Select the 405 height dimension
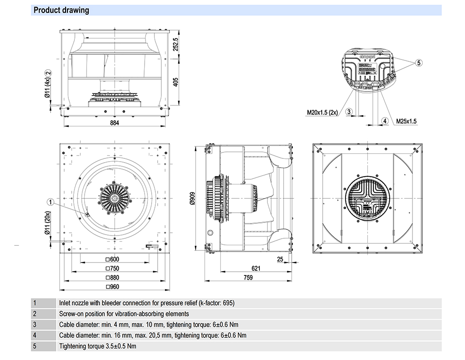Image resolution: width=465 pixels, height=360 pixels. (x=175, y=82)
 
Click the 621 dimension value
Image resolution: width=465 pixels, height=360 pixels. (x=256, y=268)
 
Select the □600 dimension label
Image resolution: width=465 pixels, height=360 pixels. (x=113, y=259)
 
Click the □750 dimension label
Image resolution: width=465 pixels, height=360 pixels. (x=113, y=268)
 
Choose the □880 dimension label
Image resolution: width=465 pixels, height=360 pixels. (x=113, y=278)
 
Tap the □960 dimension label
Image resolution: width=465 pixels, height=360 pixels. (x=113, y=287)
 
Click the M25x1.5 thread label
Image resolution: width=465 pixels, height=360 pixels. (x=406, y=121)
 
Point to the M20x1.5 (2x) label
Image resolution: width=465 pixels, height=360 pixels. (x=322, y=112)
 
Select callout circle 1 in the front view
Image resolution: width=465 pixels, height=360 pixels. (x=51, y=202)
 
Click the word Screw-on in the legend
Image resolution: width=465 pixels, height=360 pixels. (x=70, y=314)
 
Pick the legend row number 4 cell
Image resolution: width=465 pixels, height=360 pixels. (x=34, y=335)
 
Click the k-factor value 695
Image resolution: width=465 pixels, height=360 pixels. (x=228, y=303)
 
